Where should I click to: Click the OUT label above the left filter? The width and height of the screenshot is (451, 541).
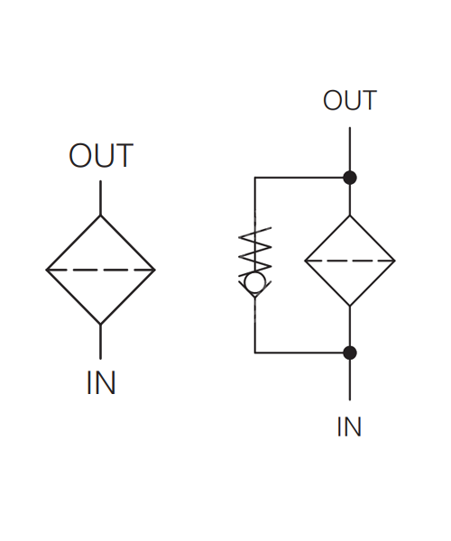point(101,155)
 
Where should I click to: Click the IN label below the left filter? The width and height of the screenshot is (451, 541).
point(101,382)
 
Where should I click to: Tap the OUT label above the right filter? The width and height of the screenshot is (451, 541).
point(350,100)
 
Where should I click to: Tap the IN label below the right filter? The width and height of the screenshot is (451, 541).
point(349,426)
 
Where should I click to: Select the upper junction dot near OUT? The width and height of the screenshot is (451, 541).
point(350,178)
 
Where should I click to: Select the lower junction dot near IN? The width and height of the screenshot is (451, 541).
point(350,353)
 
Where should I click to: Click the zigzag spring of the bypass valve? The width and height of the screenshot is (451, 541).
point(255,250)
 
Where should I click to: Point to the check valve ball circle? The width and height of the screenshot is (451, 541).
point(255,282)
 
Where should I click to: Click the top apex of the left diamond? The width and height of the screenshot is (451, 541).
point(100,215)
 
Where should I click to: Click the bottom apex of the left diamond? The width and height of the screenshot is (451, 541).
point(100,325)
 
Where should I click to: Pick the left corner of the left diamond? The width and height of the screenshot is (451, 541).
point(46,270)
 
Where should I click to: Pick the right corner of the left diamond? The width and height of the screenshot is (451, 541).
point(155,270)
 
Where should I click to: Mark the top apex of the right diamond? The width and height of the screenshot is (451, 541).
point(350,215)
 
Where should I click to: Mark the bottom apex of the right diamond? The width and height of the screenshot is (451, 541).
point(350,306)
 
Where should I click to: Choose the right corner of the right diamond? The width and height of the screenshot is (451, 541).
point(395,261)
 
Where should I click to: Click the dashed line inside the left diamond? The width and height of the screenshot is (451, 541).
point(100,270)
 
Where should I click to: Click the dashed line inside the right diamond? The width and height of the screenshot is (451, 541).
point(350,261)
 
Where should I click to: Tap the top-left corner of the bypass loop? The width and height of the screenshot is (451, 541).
point(255,178)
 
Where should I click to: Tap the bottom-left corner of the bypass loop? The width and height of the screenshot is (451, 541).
point(255,353)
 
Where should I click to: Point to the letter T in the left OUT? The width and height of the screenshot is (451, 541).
point(124,156)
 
